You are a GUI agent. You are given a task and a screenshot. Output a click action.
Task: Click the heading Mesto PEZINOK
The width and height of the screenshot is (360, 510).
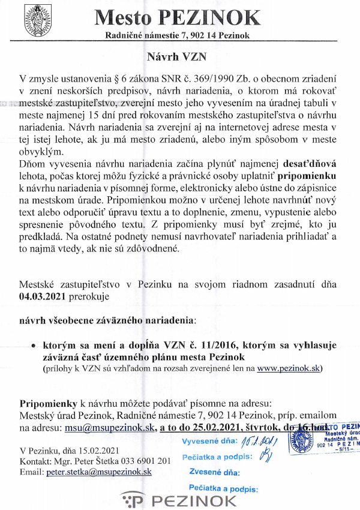pos(178,17)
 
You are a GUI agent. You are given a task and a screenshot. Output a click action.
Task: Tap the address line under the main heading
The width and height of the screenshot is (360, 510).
pos(178,35)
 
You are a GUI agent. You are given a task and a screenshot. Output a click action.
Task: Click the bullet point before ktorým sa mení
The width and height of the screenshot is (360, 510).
pos(34,346)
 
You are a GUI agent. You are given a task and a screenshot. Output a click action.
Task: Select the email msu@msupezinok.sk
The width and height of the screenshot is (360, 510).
pos(109,427)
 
